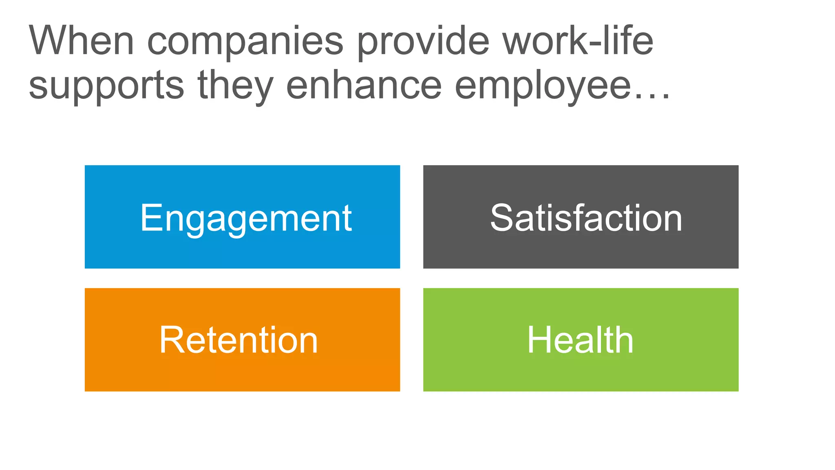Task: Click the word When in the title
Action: coord(81,40)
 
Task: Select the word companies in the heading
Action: coord(245,42)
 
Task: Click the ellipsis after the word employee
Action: coord(652,96)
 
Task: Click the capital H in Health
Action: coord(538,340)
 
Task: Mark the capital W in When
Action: coord(51,40)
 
